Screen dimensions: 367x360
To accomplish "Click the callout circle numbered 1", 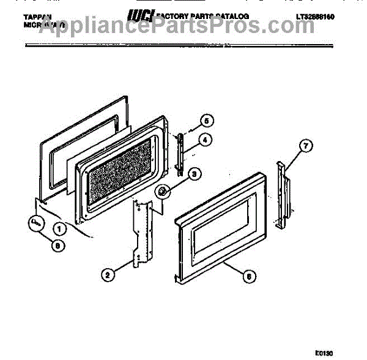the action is (x=60, y=230).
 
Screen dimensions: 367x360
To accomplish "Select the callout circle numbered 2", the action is (x=107, y=275).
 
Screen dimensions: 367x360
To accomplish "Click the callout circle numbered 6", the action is (x=247, y=276).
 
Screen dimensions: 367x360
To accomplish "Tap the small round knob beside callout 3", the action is (x=163, y=193).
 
